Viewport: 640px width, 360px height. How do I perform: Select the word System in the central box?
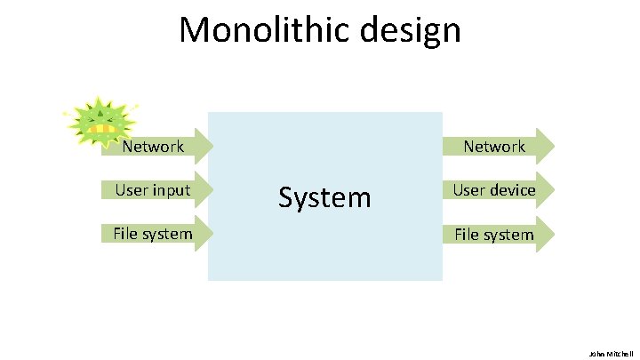pos(324,196)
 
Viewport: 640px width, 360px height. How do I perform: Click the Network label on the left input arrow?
pos(153,147)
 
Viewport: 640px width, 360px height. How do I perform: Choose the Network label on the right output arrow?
pos(493,147)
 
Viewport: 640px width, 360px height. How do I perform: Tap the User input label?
pos(152,189)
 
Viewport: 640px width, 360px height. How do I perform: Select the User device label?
pos(494,190)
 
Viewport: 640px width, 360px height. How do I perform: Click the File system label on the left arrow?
pos(152,234)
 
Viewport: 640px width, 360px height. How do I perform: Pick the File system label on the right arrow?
pos(494,235)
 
